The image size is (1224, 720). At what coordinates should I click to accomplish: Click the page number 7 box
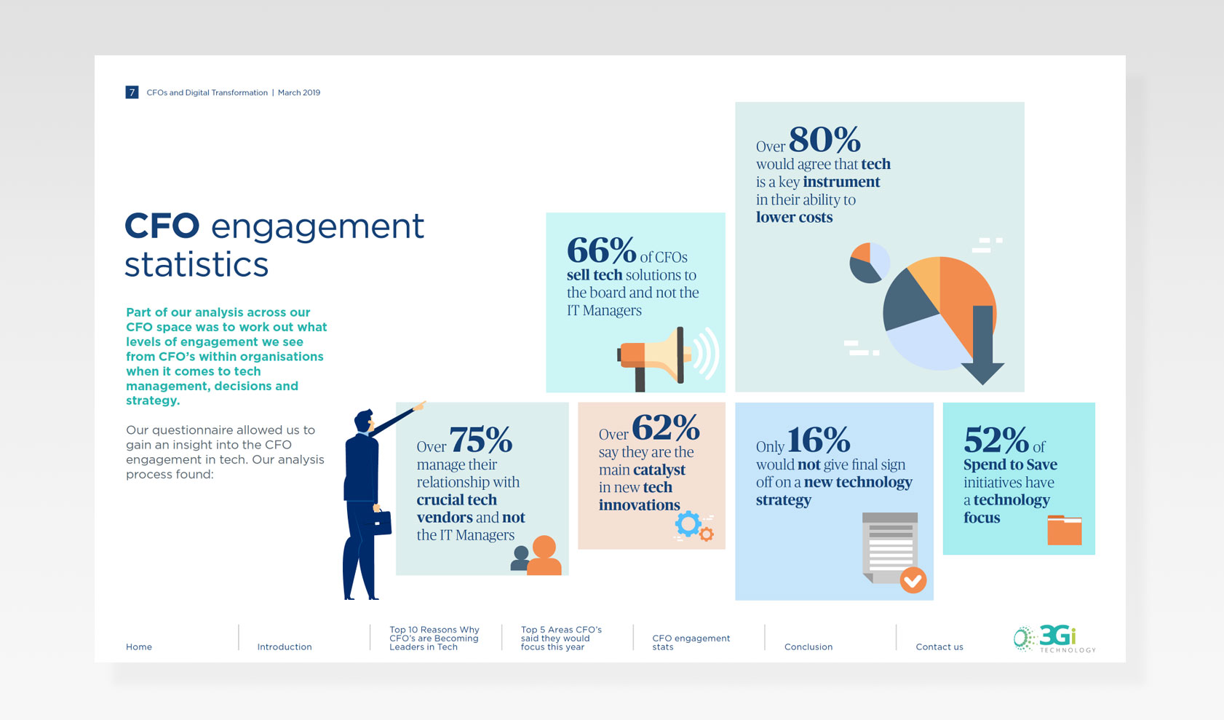tap(132, 92)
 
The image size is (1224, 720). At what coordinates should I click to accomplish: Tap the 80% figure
tap(824, 139)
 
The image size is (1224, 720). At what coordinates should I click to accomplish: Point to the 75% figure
tap(481, 440)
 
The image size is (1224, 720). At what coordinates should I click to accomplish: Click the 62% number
tap(666, 427)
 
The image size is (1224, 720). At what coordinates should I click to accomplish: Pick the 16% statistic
tap(819, 440)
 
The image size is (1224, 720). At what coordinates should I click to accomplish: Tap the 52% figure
tap(996, 440)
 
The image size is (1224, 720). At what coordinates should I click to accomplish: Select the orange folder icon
tap(1065, 530)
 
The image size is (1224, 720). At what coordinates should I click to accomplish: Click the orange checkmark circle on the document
tap(913, 580)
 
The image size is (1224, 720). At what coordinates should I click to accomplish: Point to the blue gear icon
tap(688, 523)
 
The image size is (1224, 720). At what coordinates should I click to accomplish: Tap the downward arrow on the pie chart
tap(982, 346)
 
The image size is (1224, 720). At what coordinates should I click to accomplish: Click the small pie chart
tap(870, 262)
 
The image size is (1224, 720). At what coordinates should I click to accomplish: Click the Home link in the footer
tap(139, 646)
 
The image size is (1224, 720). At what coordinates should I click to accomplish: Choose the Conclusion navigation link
tap(808, 646)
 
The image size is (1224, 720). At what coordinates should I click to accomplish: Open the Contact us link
tap(939, 646)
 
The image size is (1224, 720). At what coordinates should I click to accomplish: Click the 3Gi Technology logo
tap(1054, 638)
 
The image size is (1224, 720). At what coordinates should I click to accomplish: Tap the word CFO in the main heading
tap(162, 226)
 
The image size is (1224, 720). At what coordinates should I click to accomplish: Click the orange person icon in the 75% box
tap(544, 555)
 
